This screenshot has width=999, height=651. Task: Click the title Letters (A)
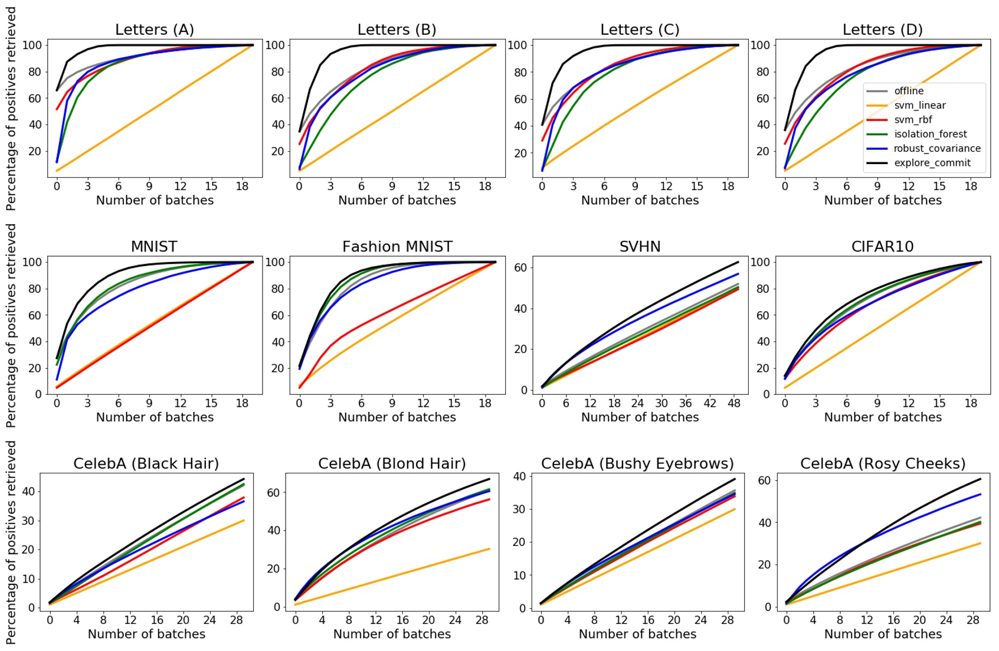click(154, 30)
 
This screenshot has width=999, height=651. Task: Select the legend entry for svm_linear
click(919, 105)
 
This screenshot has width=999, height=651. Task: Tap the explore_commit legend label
click(932, 163)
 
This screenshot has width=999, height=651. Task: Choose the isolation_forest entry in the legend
click(930, 134)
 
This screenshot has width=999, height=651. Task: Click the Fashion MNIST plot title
click(397, 247)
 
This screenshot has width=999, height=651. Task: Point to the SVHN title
click(640, 247)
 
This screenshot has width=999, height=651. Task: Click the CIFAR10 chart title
click(882, 247)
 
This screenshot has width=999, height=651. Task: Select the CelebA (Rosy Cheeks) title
click(882, 464)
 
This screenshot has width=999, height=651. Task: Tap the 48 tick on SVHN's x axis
click(733, 403)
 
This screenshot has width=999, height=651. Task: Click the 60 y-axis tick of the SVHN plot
click(520, 267)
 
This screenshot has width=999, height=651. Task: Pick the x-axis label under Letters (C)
click(640, 200)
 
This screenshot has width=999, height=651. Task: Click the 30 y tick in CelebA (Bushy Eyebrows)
click(519, 509)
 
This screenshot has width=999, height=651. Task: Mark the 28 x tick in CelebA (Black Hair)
click(236, 620)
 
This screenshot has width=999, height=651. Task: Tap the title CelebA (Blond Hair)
click(392, 464)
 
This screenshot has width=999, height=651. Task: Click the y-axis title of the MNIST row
click(11, 325)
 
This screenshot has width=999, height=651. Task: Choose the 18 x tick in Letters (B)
click(484, 186)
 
